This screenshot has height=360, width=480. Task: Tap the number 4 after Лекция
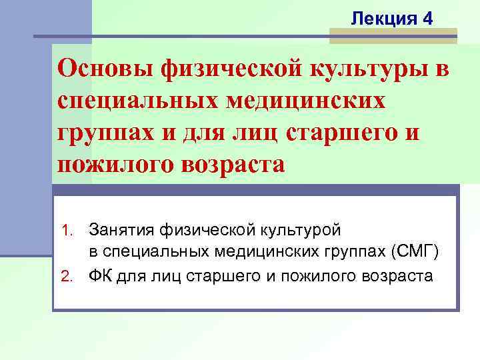[427, 19]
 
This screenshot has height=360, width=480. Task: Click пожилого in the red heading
[113, 164]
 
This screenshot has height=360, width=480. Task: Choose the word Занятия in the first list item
[122, 230]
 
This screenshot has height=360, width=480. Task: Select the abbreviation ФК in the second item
[102, 275]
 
